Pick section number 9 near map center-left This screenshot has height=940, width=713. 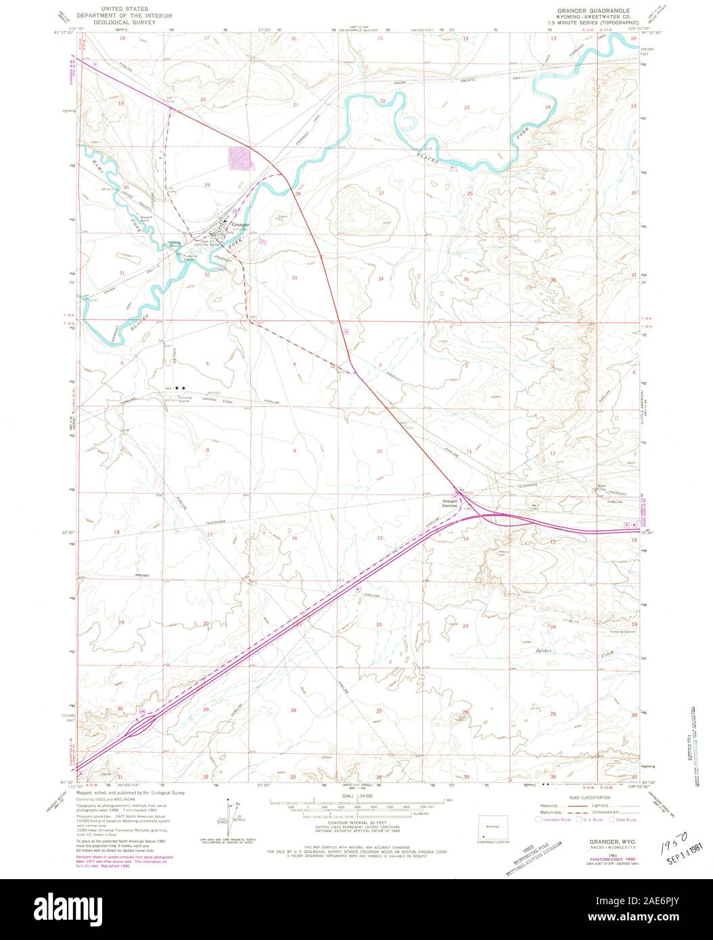click(295, 450)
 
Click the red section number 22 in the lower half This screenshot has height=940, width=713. click(379, 625)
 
